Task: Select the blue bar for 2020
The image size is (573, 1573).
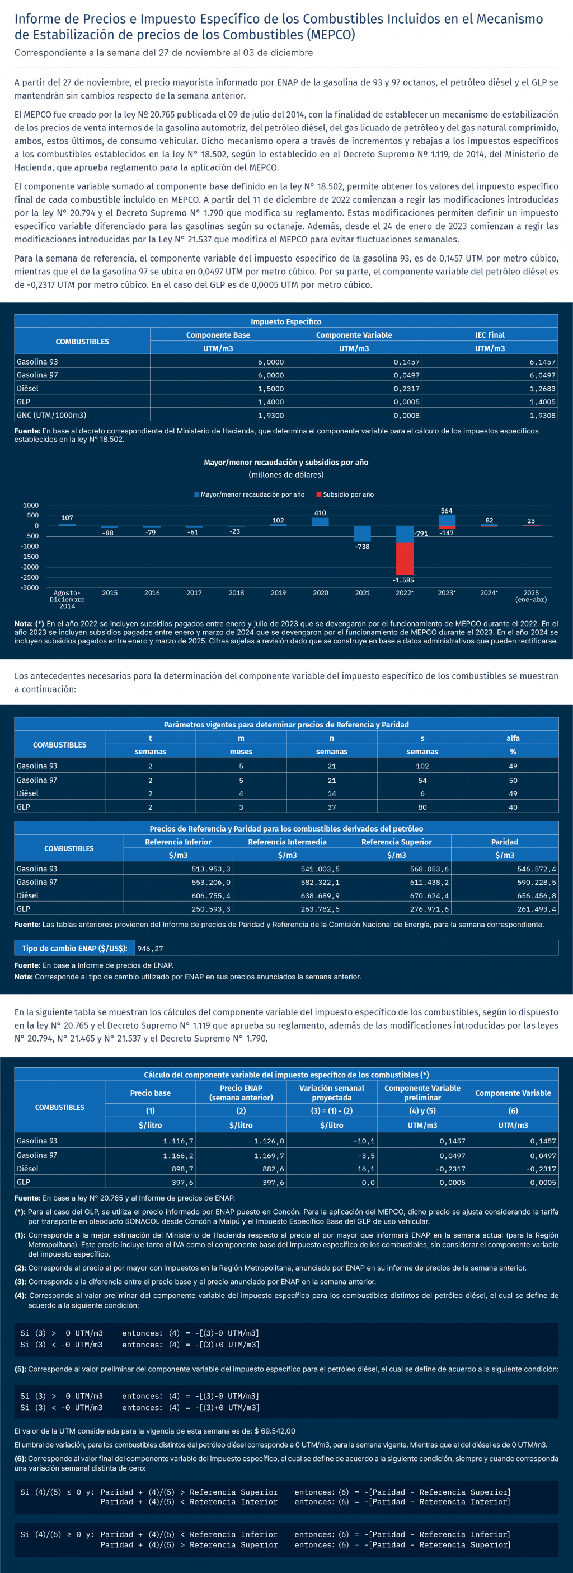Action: coord(321,521)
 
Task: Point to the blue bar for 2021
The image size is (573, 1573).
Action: coord(363,533)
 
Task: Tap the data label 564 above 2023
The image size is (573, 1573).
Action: coord(447,511)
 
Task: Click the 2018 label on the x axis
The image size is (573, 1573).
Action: coord(236,593)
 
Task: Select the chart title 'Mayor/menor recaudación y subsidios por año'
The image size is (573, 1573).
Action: coord(286,462)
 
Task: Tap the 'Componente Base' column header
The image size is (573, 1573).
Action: coord(218,335)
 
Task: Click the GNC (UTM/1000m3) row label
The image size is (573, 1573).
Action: coord(51,416)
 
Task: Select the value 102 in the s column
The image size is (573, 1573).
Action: coord(422,766)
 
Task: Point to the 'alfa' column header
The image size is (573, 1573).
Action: coord(513,738)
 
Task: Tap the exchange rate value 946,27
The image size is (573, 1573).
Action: coord(150,948)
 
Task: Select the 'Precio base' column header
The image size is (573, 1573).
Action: coord(150,1093)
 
